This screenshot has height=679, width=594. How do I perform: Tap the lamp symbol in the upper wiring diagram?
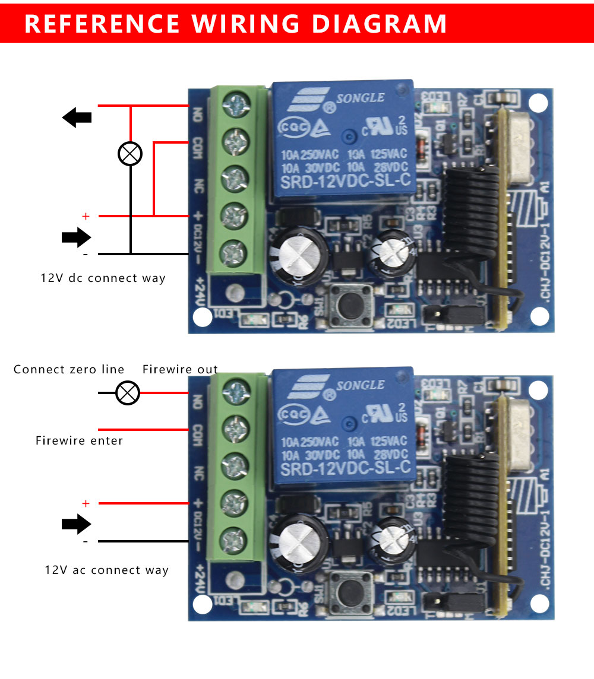point(130,154)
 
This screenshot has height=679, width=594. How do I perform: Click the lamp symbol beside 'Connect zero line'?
point(127,392)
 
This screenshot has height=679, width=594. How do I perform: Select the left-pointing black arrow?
point(77,117)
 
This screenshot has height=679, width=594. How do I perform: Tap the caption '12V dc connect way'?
point(103,278)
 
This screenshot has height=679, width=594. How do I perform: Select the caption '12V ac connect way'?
point(107,570)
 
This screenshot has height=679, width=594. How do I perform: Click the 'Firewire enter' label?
point(79,440)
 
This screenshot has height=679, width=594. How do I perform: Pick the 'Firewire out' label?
point(180,369)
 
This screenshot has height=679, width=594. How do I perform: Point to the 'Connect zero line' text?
point(69,369)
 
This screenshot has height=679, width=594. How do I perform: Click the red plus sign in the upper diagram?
point(86,217)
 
